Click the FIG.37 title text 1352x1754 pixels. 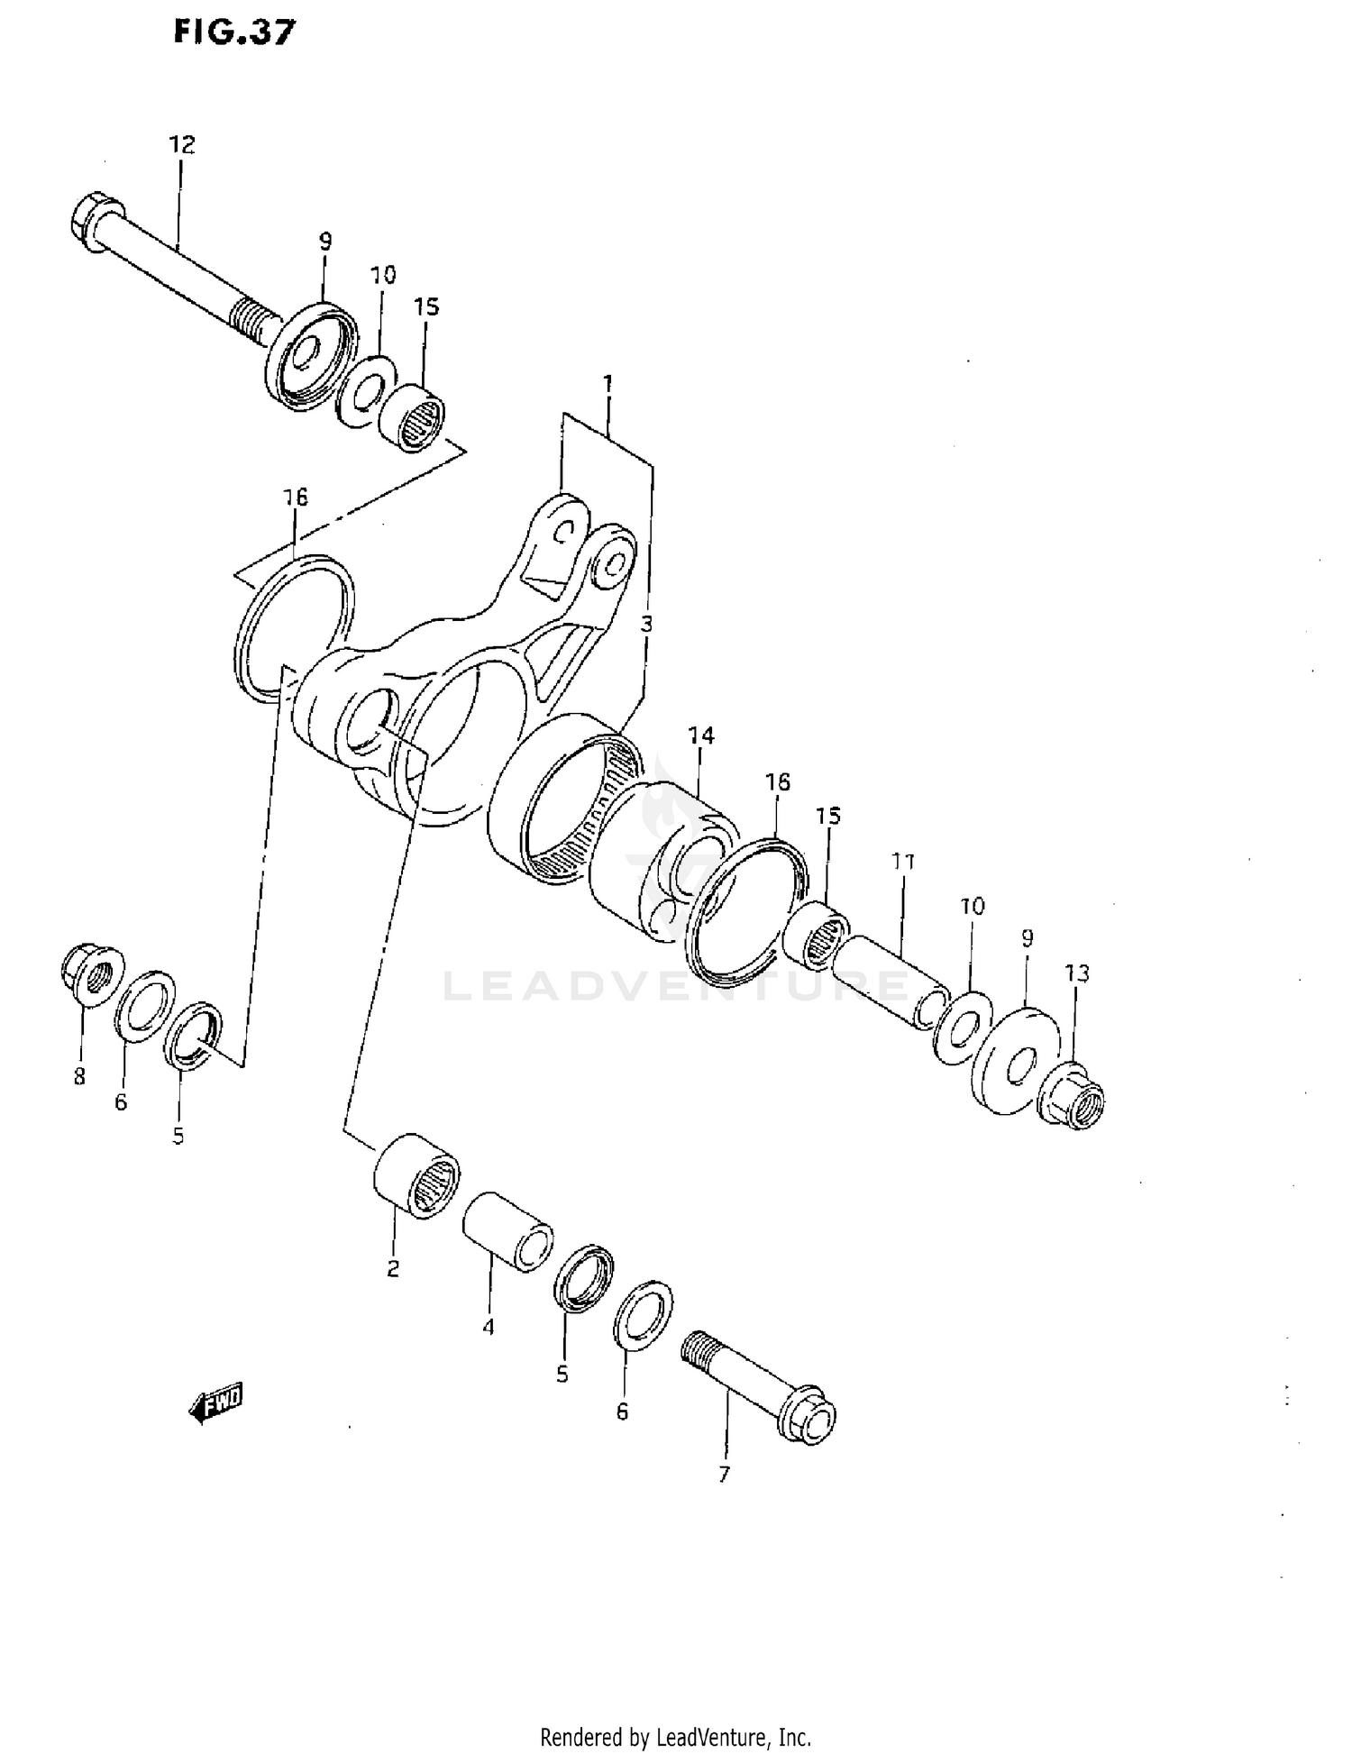pos(234,33)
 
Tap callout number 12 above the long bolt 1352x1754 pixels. pos(181,144)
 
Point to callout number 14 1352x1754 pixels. pos(700,735)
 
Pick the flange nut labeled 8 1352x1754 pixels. pos(87,974)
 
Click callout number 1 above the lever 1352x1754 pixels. pos(608,384)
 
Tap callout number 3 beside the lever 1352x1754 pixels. pos(646,623)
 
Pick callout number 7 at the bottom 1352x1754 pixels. pos(723,1475)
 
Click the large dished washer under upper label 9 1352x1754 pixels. pos(310,357)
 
